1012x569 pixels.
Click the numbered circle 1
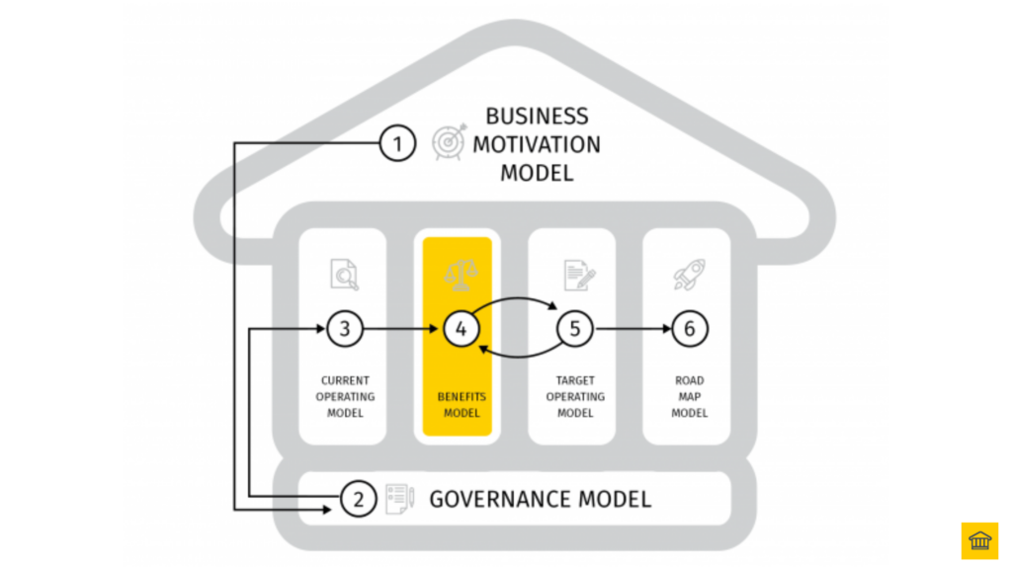point(397,144)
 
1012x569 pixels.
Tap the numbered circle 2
point(358,499)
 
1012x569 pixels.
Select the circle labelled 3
point(345,329)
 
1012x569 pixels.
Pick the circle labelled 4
point(461,329)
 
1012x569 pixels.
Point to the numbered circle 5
point(575,329)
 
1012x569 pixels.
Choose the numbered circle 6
point(690,329)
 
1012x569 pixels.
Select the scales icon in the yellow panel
point(461,274)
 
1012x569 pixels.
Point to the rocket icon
point(690,274)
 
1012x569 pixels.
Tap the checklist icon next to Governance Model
point(398,498)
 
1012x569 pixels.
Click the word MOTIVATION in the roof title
point(536,144)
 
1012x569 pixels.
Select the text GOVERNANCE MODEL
point(540,499)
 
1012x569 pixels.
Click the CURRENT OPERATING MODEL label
point(345,396)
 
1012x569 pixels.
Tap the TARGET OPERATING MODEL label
point(575,396)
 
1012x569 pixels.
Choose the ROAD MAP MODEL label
point(690,396)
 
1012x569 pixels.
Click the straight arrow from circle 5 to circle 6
point(632,329)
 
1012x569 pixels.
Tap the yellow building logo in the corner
point(979,540)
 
